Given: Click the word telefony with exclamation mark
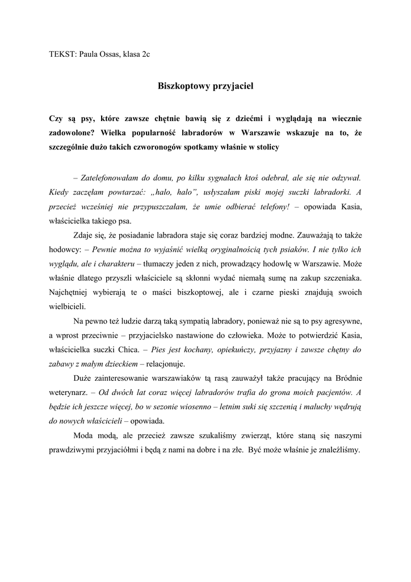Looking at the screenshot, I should point(272,207).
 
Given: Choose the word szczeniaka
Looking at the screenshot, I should point(339,278).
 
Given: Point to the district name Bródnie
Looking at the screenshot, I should point(345,378).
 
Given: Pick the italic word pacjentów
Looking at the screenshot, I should point(329,392).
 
